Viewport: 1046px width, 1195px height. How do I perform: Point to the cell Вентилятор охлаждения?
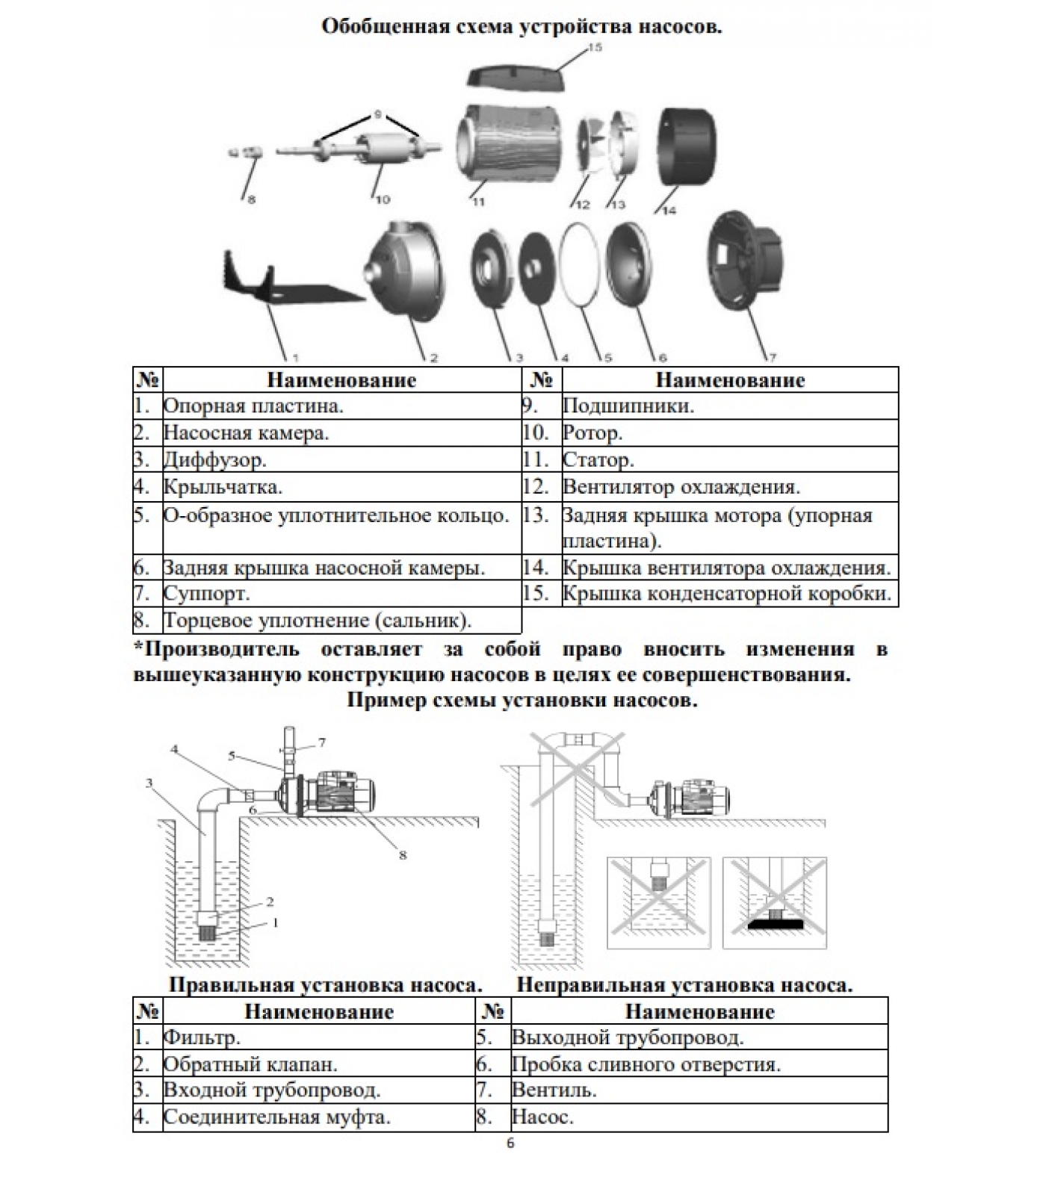tap(681, 487)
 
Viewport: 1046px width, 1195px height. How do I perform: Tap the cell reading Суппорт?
tap(207, 595)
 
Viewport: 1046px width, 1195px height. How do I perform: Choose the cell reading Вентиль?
tap(554, 1090)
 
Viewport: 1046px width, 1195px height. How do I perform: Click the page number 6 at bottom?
tap(510, 1143)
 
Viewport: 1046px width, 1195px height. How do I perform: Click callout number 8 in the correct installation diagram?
tap(403, 855)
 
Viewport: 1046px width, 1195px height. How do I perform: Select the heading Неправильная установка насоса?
tap(684, 985)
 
